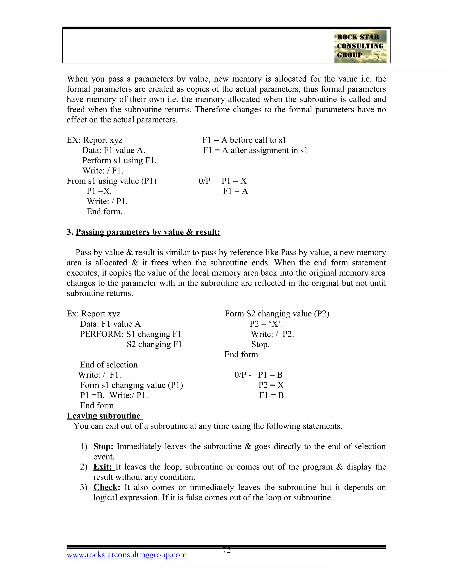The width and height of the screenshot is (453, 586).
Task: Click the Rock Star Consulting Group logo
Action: click(x=360, y=47)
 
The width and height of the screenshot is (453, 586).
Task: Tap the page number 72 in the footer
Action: click(x=226, y=550)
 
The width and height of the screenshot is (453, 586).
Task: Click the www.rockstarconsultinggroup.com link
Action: click(x=127, y=555)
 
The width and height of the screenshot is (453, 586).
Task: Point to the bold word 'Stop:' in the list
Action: click(x=103, y=446)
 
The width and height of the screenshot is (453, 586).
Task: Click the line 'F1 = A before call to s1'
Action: click(x=244, y=140)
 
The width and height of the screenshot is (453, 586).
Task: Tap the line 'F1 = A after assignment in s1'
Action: click(x=255, y=150)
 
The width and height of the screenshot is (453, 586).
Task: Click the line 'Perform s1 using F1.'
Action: click(x=119, y=161)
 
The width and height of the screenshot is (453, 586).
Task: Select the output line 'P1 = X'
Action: click(x=234, y=181)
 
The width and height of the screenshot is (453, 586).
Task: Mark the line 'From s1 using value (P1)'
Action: click(x=111, y=181)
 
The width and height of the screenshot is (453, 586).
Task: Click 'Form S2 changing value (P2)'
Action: click(x=277, y=314)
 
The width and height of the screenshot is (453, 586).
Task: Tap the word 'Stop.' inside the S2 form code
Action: click(x=260, y=344)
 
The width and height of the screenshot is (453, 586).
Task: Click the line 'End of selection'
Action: click(x=109, y=365)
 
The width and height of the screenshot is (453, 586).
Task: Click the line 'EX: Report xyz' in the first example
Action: click(x=94, y=140)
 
